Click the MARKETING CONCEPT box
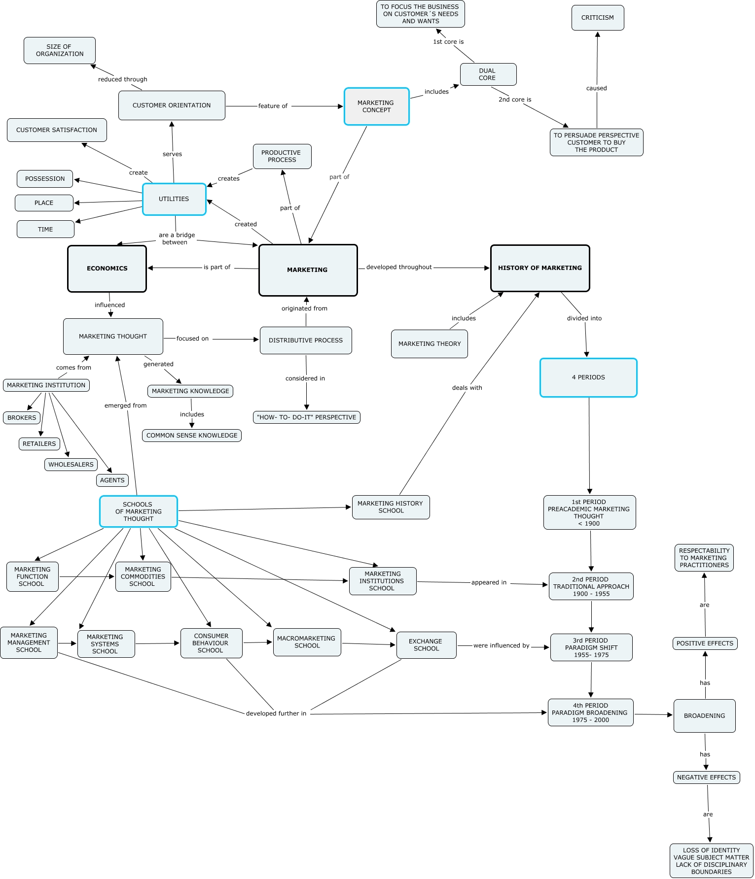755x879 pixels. point(376,106)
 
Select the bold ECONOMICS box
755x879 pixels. point(107,269)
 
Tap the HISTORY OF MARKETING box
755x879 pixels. point(540,268)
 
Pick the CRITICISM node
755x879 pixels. point(597,18)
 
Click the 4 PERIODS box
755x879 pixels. point(588,377)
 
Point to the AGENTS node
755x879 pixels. point(112,480)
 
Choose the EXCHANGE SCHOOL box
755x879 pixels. point(426,645)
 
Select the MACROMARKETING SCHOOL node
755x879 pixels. point(307,642)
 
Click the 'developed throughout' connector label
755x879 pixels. point(398,267)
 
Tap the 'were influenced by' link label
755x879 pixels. point(501,645)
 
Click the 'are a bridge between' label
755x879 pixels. point(176,238)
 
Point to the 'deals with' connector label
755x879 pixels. point(467,388)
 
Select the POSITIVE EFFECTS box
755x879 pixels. point(705,643)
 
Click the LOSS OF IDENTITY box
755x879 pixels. point(711,861)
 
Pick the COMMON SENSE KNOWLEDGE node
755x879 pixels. point(192,436)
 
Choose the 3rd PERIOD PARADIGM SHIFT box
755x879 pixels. point(591,647)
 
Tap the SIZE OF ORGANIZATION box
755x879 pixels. point(60,50)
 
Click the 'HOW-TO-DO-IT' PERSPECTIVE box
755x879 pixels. point(306,417)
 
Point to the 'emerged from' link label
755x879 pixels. point(125,406)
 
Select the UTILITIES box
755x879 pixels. point(174,199)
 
